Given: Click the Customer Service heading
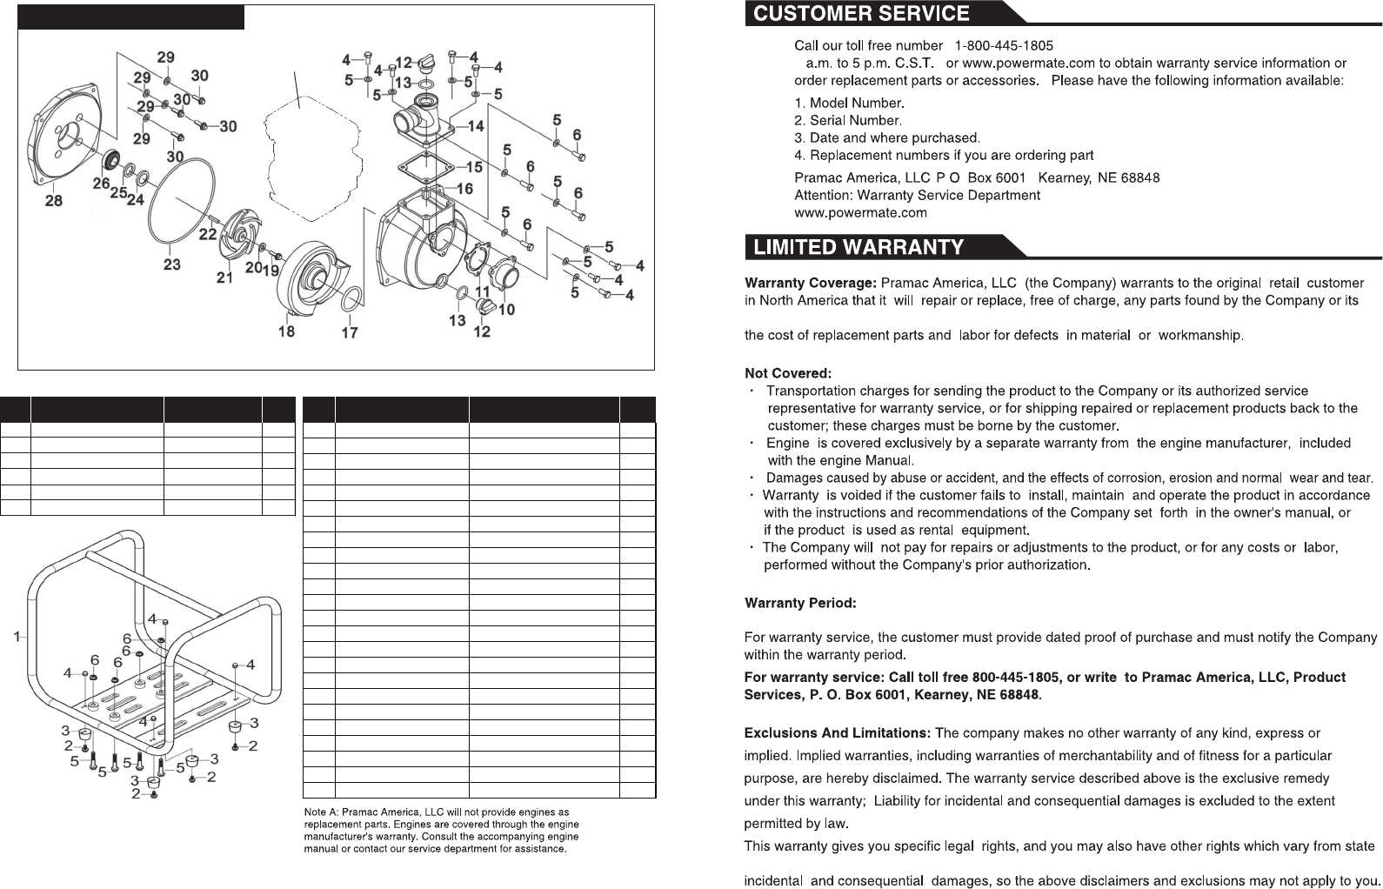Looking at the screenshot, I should (x=861, y=14).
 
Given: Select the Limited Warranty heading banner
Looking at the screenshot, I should (x=859, y=247).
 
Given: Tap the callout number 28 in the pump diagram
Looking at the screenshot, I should (x=54, y=201).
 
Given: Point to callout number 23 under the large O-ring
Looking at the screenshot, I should (x=172, y=264).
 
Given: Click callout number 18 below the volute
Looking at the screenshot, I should (x=286, y=331).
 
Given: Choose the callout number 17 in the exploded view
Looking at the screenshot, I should (x=350, y=332).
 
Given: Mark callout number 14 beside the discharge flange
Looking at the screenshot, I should (x=476, y=127).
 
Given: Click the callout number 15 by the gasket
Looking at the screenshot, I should (x=474, y=167).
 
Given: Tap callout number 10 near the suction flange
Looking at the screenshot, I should (x=506, y=310).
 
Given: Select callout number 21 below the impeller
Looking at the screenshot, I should (x=225, y=277).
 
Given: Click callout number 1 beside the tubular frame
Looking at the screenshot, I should (x=17, y=637).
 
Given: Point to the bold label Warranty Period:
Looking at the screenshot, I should (x=800, y=603).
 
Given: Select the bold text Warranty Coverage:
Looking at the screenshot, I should (x=810, y=283).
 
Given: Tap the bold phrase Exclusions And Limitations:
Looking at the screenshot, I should (x=837, y=733).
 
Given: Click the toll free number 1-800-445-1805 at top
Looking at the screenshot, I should (x=1004, y=45).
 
